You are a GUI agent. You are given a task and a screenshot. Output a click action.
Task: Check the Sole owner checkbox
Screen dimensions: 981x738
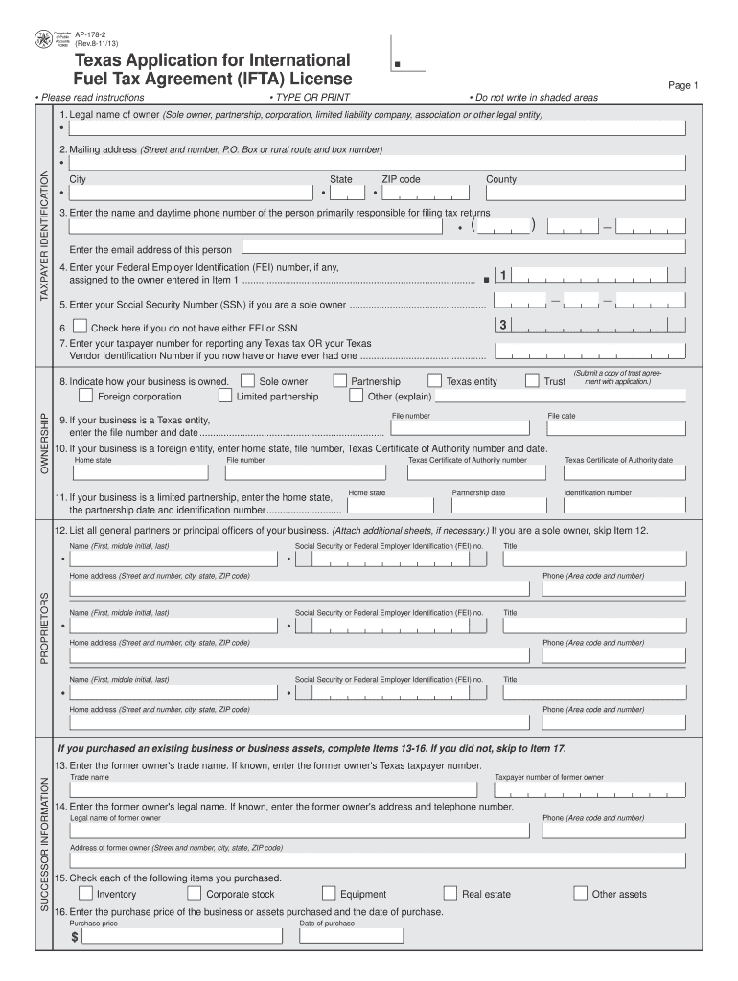[x=248, y=380]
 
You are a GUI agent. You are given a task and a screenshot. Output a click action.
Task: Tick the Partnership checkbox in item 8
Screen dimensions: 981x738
[x=340, y=380]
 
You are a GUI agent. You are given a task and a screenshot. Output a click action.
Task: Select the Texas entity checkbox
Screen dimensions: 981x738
[x=435, y=380]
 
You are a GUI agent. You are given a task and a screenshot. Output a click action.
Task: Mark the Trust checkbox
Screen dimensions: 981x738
[x=532, y=380]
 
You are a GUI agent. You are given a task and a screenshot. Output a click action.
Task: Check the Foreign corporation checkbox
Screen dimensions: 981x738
[x=86, y=395]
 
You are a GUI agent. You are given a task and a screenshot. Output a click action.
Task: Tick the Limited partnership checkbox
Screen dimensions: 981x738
[x=225, y=395]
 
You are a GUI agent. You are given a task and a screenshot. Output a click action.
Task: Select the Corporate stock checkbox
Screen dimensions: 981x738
[x=195, y=893]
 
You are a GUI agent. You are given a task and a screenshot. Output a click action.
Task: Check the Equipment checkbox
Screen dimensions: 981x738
[x=329, y=893]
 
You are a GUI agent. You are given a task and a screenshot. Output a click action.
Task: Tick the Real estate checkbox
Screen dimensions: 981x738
[x=450, y=893]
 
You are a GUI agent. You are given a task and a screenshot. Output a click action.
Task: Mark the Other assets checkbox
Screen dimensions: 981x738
[x=580, y=893]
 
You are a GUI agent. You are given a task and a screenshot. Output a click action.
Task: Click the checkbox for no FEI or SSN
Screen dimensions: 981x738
[x=81, y=327]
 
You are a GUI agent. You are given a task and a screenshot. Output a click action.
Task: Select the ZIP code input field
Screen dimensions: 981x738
[x=427, y=194]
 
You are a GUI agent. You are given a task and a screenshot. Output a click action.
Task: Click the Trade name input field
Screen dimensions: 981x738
[x=272, y=789]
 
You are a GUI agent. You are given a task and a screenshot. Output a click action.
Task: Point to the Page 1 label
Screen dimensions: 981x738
[x=683, y=85]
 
